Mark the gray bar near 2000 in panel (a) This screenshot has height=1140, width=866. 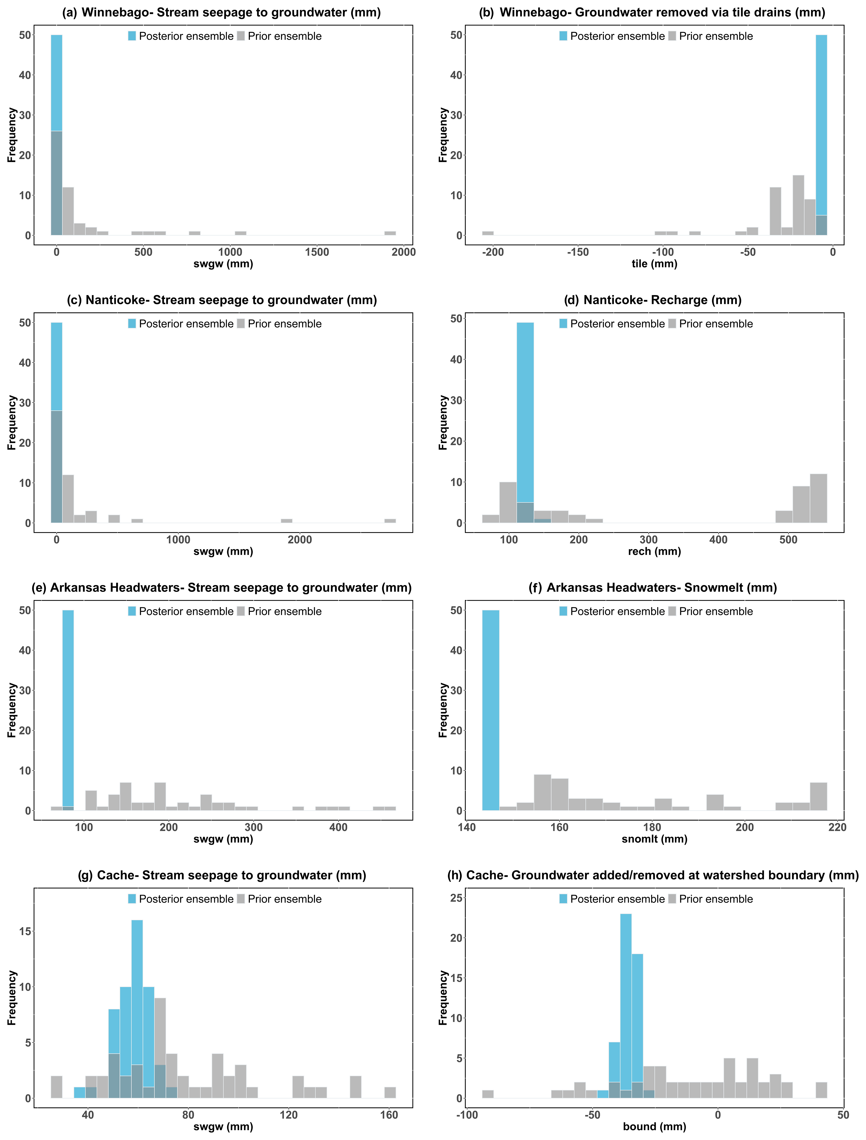pyautogui.click(x=390, y=233)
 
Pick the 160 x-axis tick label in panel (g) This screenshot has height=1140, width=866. pyautogui.click(x=389, y=1115)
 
